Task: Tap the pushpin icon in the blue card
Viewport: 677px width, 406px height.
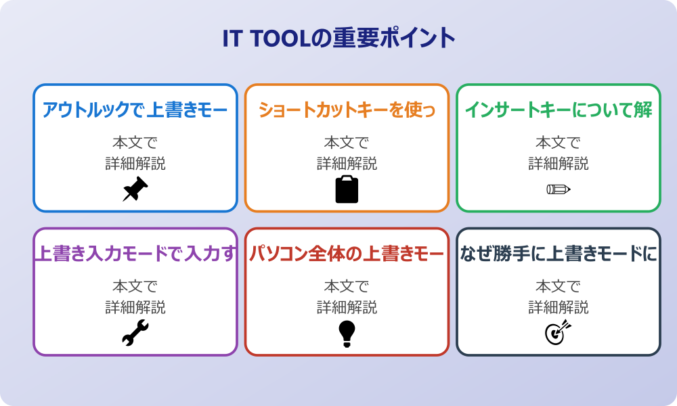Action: pyautogui.click(x=135, y=189)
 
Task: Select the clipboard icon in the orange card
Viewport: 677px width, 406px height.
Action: pyautogui.click(x=347, y=189)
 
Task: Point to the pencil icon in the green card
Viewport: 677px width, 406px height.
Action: pyautogui.click(x=558, y=189)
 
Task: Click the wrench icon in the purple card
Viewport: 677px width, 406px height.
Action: pyautogui.click(x=135, y=333)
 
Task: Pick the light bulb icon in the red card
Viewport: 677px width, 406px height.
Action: pyautogui.click(x=347, y=333)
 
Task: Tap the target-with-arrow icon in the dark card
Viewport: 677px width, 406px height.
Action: pyautogui.click(x=558, y=333)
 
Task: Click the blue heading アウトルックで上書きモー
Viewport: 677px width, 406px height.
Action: pyautogui.click(x=135, y=110)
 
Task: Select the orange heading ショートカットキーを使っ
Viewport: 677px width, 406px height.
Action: pyautogui.click(x=347, y=110)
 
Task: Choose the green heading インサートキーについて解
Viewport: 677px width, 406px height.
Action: pyautogui.click(x=558, y=110)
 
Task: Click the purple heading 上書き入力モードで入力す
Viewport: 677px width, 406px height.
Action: pyautogui.click(x=135, y=254)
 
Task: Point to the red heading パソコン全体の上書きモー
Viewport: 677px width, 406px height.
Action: pyautogui.click(x=347, y=254)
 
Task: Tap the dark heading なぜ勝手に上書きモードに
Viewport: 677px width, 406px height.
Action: pyautogui.click(x=558, y=254)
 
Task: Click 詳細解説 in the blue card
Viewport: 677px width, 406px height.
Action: pyautogui.click(x=135, y=164)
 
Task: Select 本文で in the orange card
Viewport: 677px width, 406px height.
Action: pyautogui.click(x=347, y=143)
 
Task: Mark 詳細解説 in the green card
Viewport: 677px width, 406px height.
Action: pyautogui.click(x=558, y=164)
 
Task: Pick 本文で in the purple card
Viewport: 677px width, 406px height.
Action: pyautogui.click(x=135, y=287)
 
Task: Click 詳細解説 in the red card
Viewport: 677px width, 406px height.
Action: pyautogui.click(x=347, y=308)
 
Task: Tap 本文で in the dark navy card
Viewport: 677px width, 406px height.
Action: pyautogui.click(x=558, y=287)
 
